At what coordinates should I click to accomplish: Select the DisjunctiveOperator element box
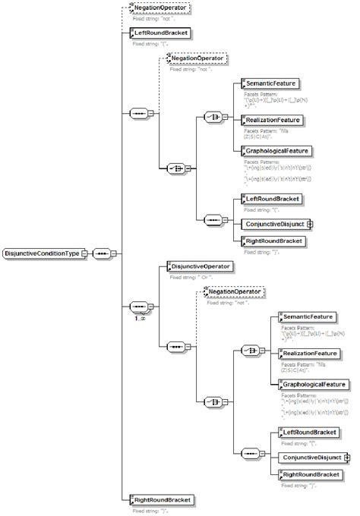point(201,266)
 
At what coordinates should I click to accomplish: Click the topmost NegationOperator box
point(160,8)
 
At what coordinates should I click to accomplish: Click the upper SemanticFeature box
point(270,83)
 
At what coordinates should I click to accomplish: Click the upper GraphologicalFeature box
point(275,151)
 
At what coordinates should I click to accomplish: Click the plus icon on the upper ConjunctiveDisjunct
point(309,225)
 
